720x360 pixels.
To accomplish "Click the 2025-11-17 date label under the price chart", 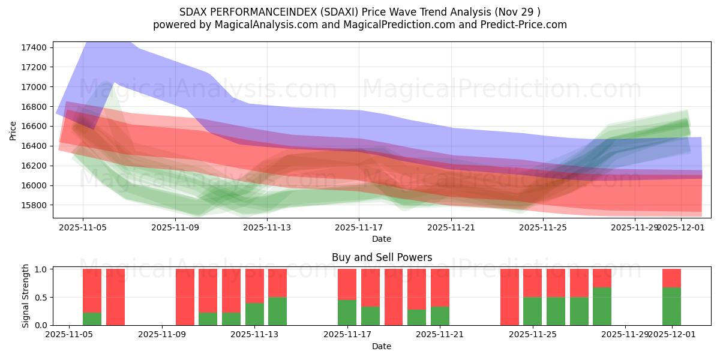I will [x=359, y=227].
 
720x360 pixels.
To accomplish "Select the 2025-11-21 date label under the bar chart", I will [x=440, y=335].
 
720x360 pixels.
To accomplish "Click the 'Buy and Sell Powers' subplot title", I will [x=382, y=257].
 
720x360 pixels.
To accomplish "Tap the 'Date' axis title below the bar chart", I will [x=382, y=346].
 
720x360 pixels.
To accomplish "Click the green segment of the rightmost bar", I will [x=671, y=307].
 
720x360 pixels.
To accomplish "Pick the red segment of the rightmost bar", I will [x=671, y=278].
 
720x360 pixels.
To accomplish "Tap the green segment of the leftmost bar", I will [x=92, y=319].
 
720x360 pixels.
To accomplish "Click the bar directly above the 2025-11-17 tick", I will [x=347, y=297].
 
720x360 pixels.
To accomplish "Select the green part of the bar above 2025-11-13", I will [x=254, y=314].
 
